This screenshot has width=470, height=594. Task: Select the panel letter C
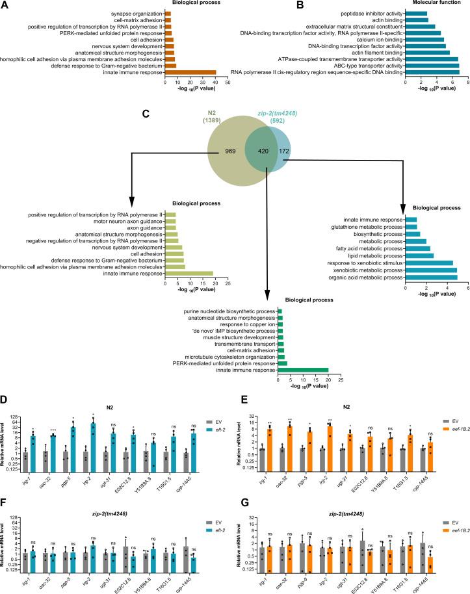(x=146, y=115)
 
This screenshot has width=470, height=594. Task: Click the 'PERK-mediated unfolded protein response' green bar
(x=282, y=363)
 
